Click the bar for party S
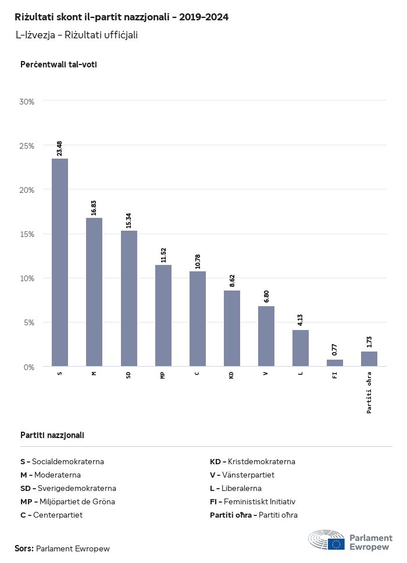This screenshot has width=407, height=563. [60, 262]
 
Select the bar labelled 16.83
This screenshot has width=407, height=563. [94, 292]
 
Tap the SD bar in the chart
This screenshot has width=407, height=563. [128, 298]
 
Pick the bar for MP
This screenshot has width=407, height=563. [163, 315]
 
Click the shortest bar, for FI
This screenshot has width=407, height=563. [335, 363]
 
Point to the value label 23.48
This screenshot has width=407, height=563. [60, 148]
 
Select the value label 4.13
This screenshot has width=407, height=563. [301, 319]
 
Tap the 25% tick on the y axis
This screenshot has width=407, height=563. [27, 145]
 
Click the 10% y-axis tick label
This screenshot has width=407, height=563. [27, 278]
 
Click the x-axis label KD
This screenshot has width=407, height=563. [232, 375]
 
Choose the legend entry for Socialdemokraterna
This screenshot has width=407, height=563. [62, 462]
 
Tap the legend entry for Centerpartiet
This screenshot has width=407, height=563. [52, 515]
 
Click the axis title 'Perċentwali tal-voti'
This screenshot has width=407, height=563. [59, 64]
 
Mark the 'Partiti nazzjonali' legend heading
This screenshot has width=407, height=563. [52, 435]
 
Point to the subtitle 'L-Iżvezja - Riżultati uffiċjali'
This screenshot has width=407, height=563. [77, 35]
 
